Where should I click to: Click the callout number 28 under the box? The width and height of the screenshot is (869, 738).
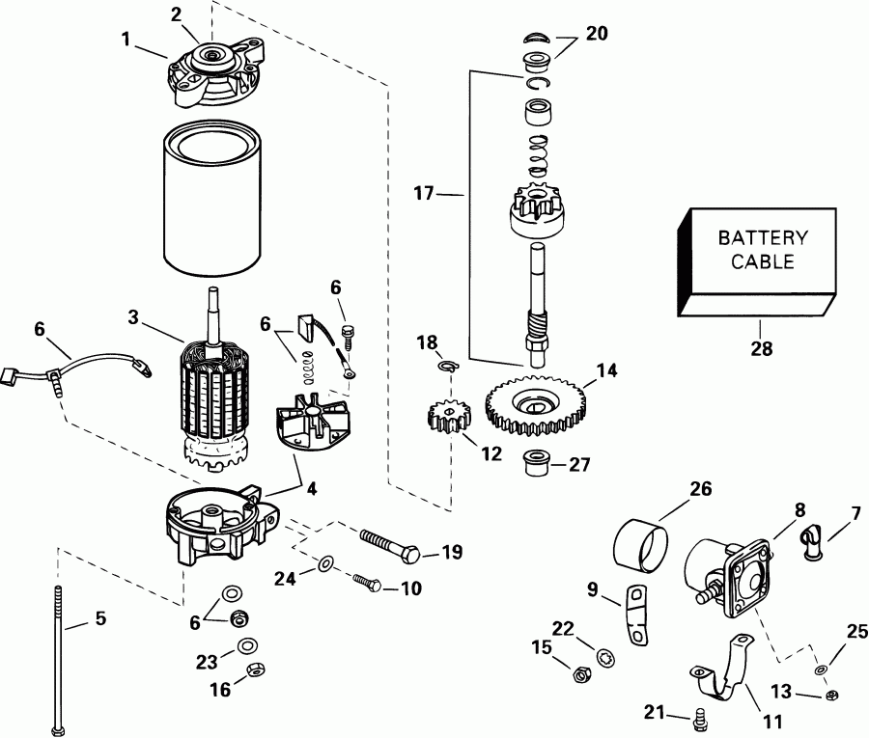click(762, 348)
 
